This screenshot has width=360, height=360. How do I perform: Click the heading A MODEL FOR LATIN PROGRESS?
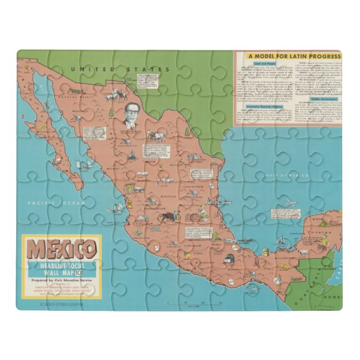(x=294, y=56)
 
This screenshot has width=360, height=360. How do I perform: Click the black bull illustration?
(x=167, y=215)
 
